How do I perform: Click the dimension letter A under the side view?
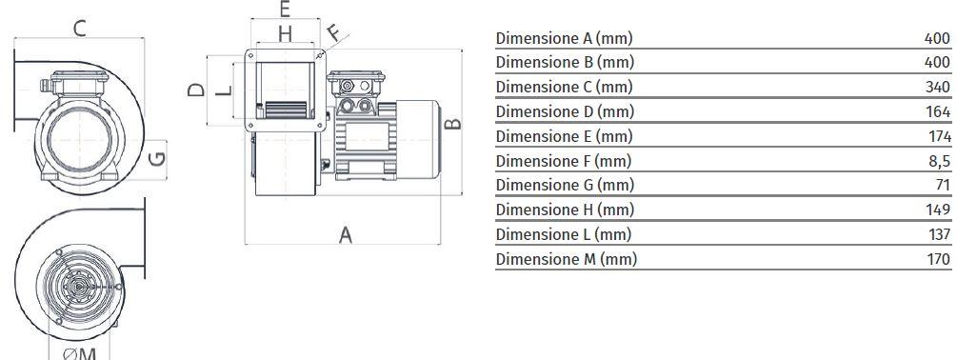tap(346, 234)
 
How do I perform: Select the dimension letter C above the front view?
tap(80, 28)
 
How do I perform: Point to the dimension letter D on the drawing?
tap(195, 90)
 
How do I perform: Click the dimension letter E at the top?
tap(285, 10)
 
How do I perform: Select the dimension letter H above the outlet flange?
tap(285, 35)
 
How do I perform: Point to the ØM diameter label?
tap(80, 352)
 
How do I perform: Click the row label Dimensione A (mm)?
tap(564, 38)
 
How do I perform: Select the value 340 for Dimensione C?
tap(937, 88)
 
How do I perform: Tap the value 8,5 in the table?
tap(939, 161)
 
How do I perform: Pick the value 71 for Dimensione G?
tap(942, 185)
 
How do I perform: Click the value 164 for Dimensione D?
tap(938, 111)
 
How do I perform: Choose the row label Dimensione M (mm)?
tap(566, 258)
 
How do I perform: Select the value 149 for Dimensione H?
tap(938, 210)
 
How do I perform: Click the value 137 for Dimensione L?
tap(938, 234)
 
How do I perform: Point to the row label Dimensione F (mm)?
tap(563, 161)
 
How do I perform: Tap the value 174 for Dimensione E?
tap(938, 136)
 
